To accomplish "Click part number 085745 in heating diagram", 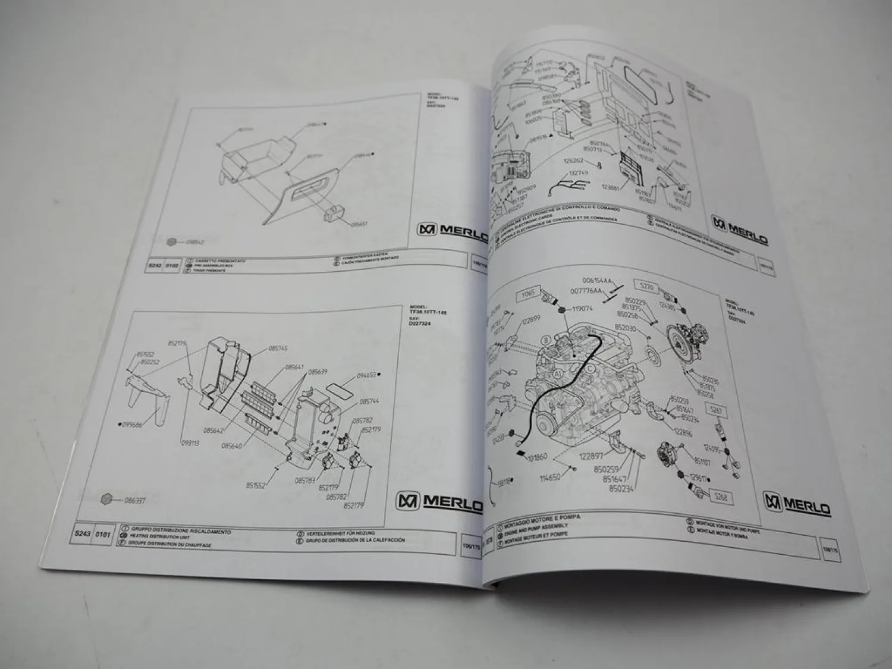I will click(x=278, y=348).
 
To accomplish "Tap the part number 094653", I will click(x=367, y=375).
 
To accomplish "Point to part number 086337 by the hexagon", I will click(x=135, y=501).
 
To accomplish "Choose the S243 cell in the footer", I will click(x=83, y=533).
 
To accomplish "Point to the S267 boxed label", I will click(x=716, y=409).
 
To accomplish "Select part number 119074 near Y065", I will click(x=587, y=309).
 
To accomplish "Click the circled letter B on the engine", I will click(x=545, y=341).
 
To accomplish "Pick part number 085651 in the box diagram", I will click(x=359, y=224).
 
